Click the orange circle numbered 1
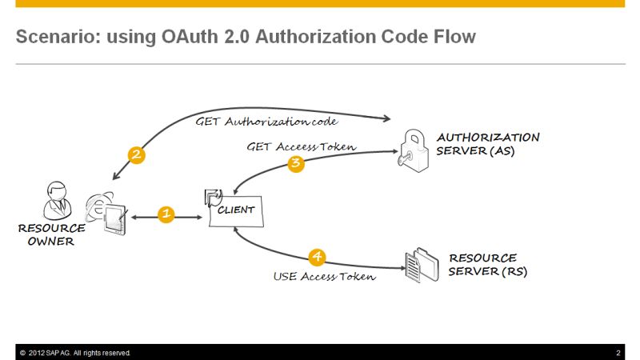[166, 214]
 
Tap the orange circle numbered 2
[137, 155]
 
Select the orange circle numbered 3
[296, 164]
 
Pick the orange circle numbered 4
[318, 257]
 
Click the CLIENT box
[237, 210]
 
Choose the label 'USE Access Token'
[324, 277]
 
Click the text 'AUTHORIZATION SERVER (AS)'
[487, 144]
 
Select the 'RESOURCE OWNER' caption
[51, 235]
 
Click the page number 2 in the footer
[618, 353]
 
